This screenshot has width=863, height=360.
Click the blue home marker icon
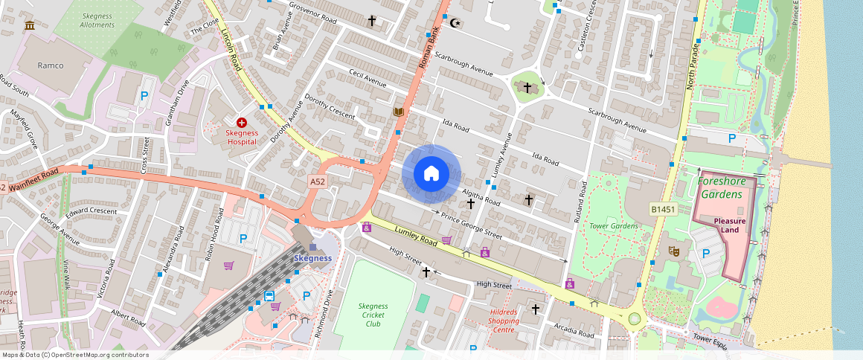(431, 174)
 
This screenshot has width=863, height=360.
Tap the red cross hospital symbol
(242, 122)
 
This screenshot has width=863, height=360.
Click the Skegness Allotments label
(97, 20)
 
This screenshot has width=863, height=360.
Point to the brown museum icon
(30, 26)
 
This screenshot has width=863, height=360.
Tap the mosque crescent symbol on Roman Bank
(456, 22)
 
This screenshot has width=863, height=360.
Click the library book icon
(399, 112)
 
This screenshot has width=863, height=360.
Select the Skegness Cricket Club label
(373, 315)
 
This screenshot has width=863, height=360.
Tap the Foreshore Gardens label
(719, 187)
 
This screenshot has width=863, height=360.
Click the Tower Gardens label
(614, 225)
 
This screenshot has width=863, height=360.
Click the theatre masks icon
(674, 251)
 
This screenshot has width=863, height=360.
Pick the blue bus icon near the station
(269, 297)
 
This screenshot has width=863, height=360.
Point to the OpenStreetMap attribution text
(74, 355)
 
